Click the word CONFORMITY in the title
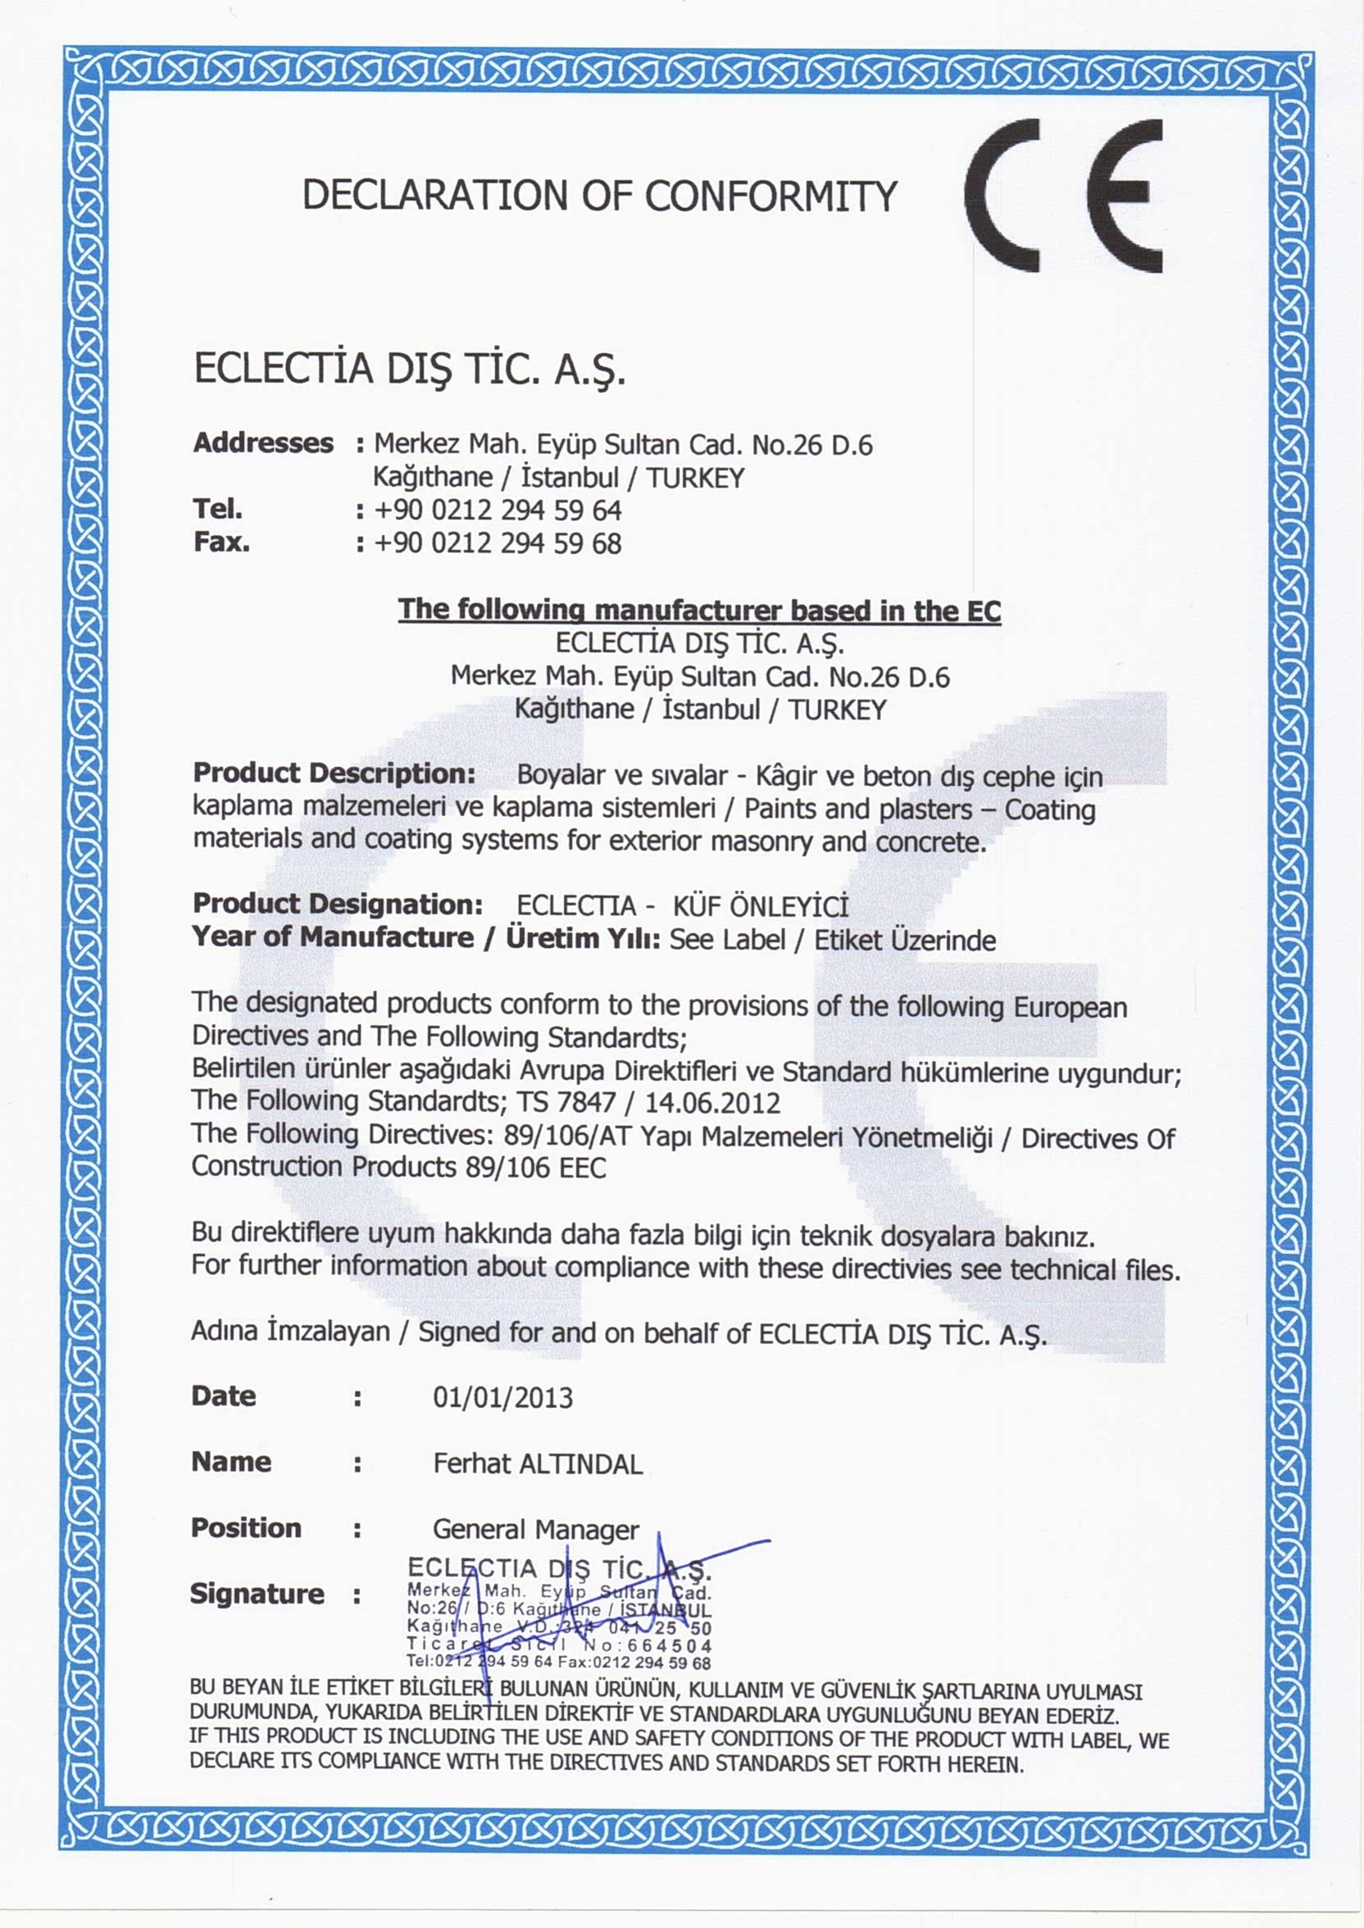[771, 196]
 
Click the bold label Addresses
[263, 442]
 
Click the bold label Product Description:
[334, 773]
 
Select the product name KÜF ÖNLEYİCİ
[760, 906]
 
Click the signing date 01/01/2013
[502, 1398]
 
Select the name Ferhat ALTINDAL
[538, 1463]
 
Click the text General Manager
[535, 1529]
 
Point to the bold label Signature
[257, 1593]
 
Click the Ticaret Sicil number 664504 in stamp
[669, 1646]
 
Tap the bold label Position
[246, 1527]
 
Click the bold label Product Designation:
[338, 904]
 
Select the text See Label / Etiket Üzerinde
[832, 940]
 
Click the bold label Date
[224, 1395]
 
